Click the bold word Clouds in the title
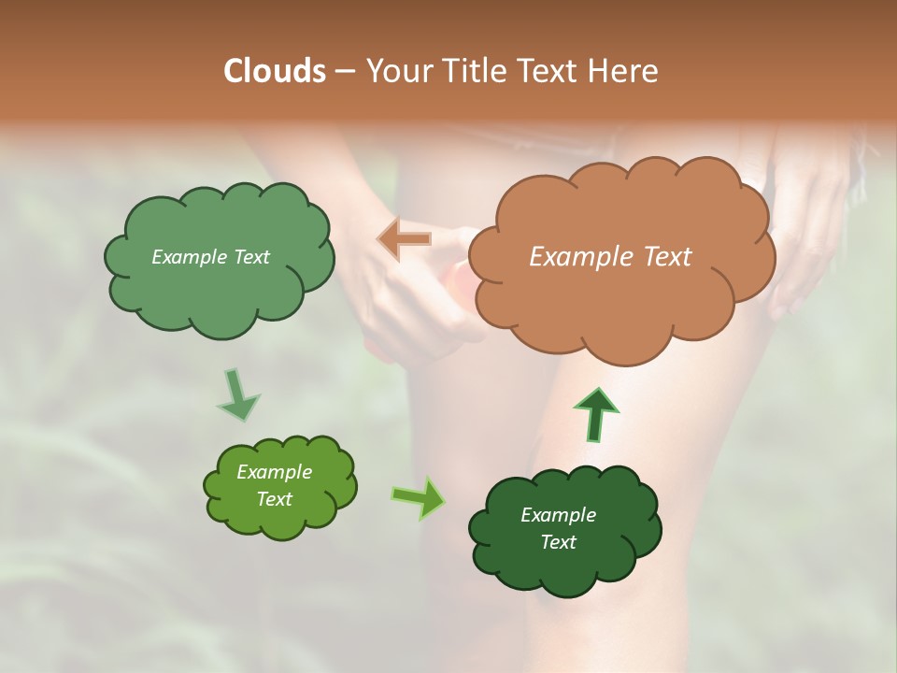tap(274, 71)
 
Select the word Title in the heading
tap(474, 71)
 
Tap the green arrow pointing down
tap(237, 394)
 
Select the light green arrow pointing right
tap(419, 497)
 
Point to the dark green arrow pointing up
tap(595, 414)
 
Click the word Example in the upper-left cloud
tap(188, 257)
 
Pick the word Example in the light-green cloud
tap(274, 472)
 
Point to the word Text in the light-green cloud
tap(274, 499)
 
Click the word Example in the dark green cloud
tap(558, 515)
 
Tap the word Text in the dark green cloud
tap(558, 542)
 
